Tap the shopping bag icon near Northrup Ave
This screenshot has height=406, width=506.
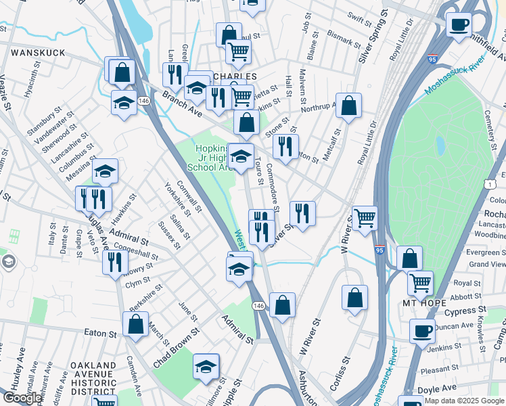[x=348, y=106]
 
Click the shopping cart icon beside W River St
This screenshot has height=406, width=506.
[x=365, y=218]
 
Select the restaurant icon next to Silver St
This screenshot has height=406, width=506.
[x=302, y=212]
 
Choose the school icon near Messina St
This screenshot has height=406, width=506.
[x=105, y=172]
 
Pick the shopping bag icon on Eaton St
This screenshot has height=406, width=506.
[x=136, y=325]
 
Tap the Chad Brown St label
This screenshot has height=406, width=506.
[x=177, y=348]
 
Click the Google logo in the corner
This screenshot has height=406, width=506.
[x=22, y=399]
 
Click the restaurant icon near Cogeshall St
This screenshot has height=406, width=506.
[x=116, y=261]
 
